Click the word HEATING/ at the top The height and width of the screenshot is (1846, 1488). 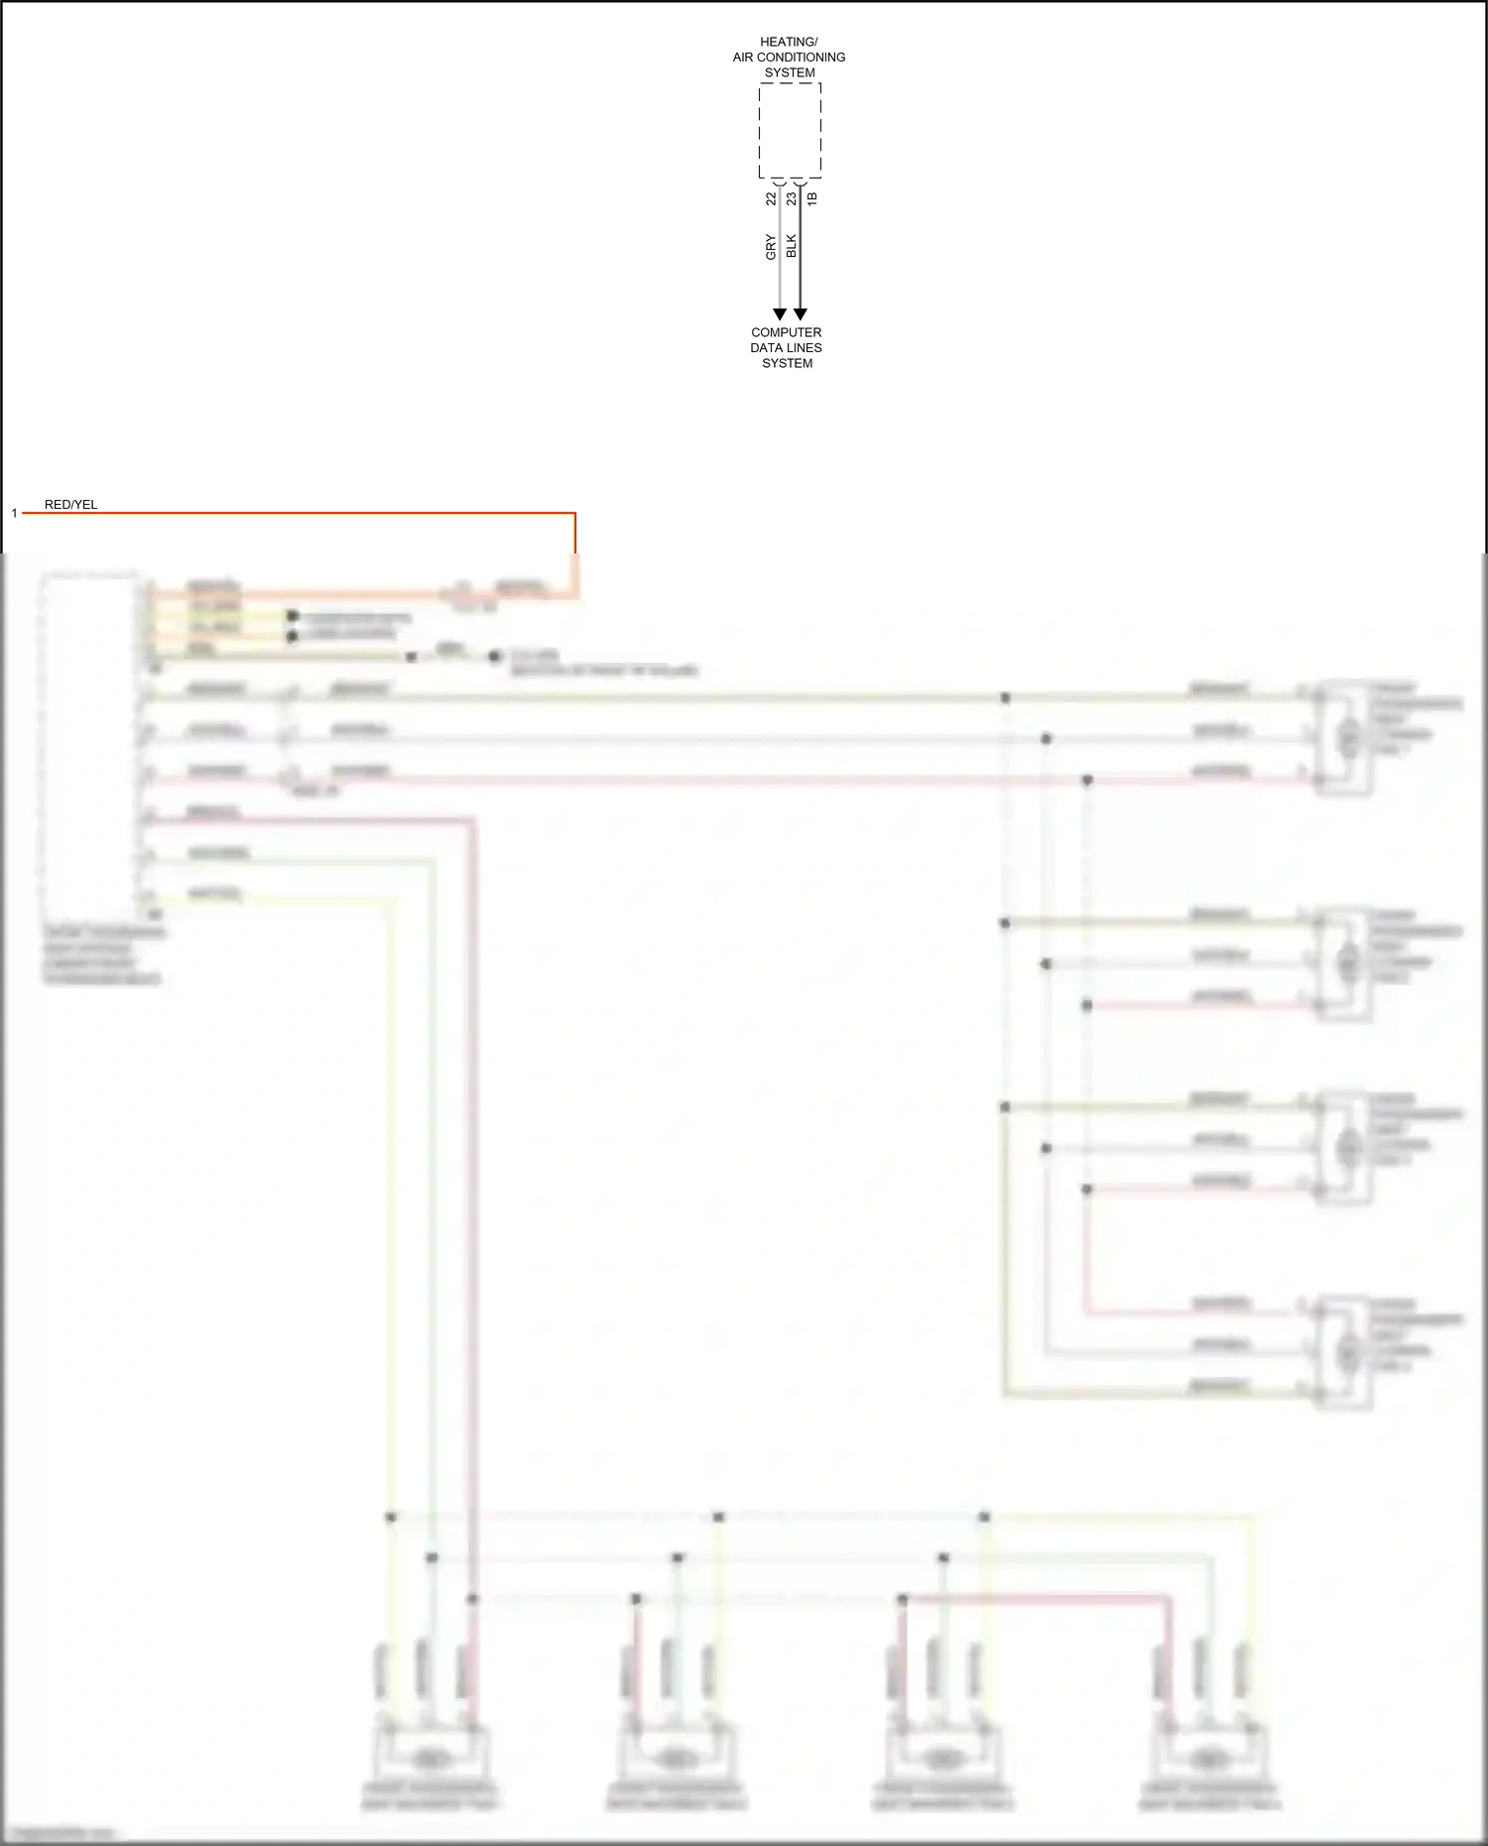pos(789,42)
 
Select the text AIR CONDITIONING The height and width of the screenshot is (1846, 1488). pos(789,58)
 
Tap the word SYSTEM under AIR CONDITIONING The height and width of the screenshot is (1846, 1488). pos(790,72)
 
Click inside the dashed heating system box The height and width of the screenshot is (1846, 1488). pos(790,130)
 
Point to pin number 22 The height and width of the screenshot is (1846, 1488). pos(771,198)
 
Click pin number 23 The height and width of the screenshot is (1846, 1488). pos(791,198)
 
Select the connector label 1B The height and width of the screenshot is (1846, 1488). pos(811,198)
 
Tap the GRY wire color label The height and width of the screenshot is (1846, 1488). pos(771,247)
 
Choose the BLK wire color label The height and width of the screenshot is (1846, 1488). pos(791,246)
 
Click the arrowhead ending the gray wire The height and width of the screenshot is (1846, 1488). pos(780,314)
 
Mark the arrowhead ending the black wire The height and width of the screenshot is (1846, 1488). pos(801,314)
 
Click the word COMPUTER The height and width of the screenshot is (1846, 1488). pos(786,332)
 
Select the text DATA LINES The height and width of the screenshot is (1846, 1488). pos(786,348)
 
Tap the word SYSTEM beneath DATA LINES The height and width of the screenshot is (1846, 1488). pos(787,363)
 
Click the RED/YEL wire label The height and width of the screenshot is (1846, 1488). pos(70,505)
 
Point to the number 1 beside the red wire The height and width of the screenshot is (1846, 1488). pos(15,513)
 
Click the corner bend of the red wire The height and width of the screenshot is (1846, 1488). pos(574,514)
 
